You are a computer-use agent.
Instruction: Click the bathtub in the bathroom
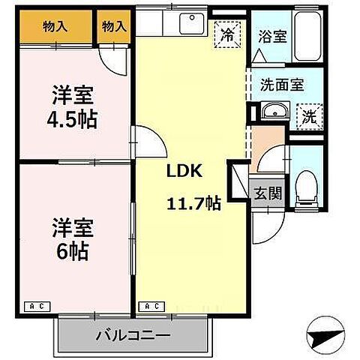pos(307,36)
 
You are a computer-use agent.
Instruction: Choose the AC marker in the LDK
pos(151,306)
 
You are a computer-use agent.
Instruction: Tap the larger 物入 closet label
pos(55,26)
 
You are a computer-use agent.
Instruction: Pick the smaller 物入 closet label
pos(113,26)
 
